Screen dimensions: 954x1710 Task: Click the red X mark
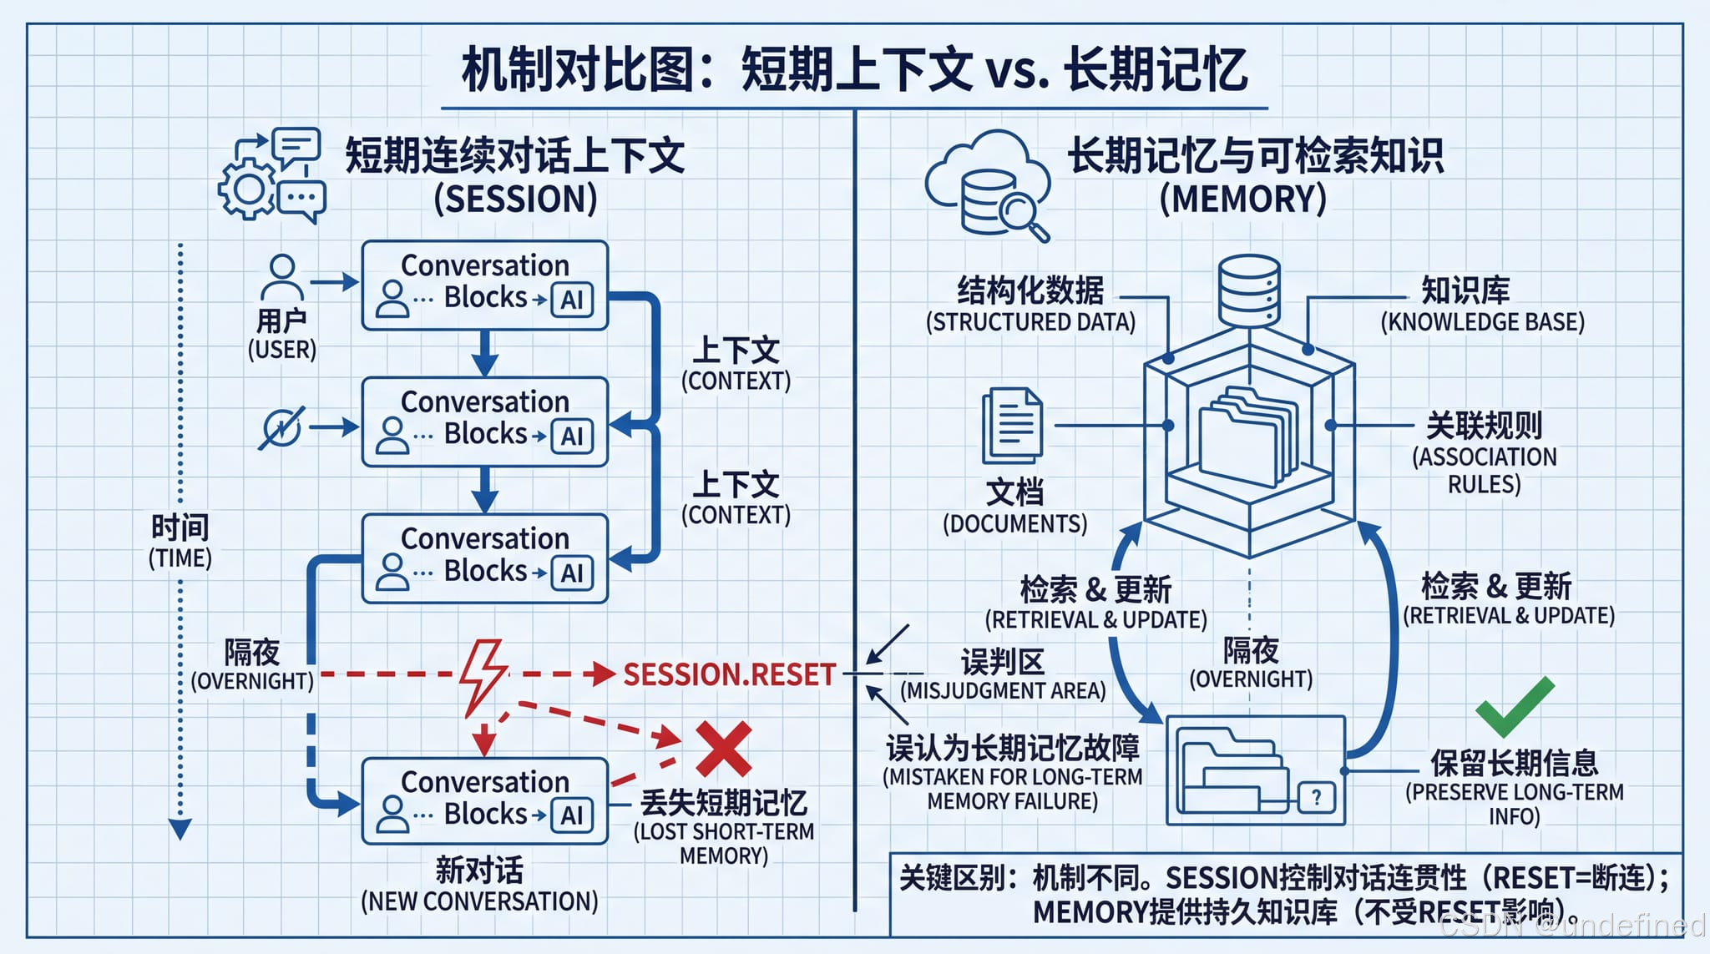tap(723, 749)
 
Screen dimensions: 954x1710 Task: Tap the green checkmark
tap(1514, 706)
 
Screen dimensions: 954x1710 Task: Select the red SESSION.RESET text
tap(729, 674)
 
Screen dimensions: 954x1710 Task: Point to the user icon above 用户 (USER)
tap(282, 277)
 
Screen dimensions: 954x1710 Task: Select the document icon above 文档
tap(1012, 426)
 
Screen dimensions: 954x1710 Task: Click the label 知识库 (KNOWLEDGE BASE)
tap(1481, 305)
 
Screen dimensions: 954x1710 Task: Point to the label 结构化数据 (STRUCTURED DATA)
tap(1030, 305)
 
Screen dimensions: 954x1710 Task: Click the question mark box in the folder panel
tap(1316, 797)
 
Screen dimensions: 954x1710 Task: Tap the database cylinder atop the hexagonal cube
tap(1248, 290)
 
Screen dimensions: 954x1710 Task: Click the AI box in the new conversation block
tap(572, 815)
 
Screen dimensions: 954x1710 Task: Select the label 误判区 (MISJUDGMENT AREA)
tap(1003, 675)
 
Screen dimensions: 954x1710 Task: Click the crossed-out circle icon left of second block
tap(281, 429)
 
